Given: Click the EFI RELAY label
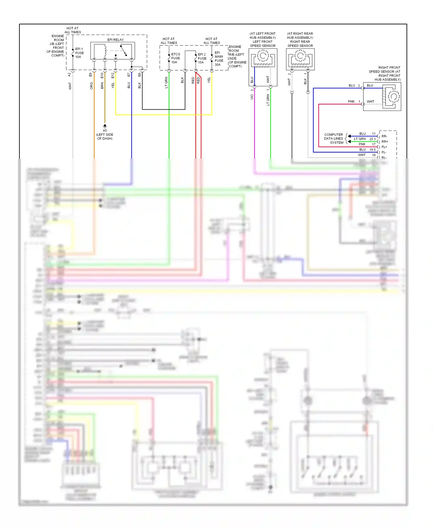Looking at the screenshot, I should [x=115, y=40].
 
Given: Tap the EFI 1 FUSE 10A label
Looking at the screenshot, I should [x=79, y=53].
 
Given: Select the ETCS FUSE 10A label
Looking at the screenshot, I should [x=175, y=58].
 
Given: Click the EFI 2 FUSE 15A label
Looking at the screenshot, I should [x=202, y=58].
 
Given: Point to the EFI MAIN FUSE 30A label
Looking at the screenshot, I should [x=219, y=58].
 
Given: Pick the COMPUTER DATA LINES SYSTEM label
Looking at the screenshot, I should [x=334, y=139].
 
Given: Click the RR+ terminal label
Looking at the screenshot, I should [x=385, y=142].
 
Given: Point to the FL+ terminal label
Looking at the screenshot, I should [x=384, y=147].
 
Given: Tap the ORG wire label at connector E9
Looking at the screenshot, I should [x=91, y=85].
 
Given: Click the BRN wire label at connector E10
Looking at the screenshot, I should [x=102, y=85].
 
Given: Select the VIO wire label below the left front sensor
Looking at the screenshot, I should [x=252, y=97].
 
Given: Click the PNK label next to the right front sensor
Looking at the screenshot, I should [x=351, y=102].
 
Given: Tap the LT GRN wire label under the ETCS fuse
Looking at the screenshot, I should [x=166, y=82].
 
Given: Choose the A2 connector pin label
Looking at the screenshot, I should [x=69, y=75].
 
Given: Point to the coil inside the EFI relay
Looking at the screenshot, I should [x=105, y=51].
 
